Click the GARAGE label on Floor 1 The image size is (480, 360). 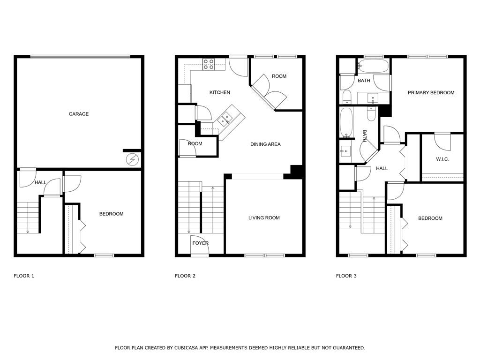(79, 114)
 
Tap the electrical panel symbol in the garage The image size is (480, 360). (133, 160)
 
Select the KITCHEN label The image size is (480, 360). (219, 92)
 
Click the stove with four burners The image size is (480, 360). (209, 64)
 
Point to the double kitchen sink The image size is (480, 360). (225, 118)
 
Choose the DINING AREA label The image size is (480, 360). (265, 144)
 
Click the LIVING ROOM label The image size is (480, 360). (264, 218)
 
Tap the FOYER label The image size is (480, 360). (200, 243)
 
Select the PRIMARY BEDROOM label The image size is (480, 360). (431, 93)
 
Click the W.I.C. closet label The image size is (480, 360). (442, 159)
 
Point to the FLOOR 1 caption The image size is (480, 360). (24, 276)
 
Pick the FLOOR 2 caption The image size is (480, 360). (185, 276)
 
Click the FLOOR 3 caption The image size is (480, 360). (346, 276)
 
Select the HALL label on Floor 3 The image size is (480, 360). (382, 168)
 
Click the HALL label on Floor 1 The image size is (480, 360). (40, 182)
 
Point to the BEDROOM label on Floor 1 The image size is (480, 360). (111, 214)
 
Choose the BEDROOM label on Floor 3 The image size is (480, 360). (430, 218)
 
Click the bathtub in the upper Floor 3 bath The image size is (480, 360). (374, 66)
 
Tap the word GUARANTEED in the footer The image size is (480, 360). (346, 348)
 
